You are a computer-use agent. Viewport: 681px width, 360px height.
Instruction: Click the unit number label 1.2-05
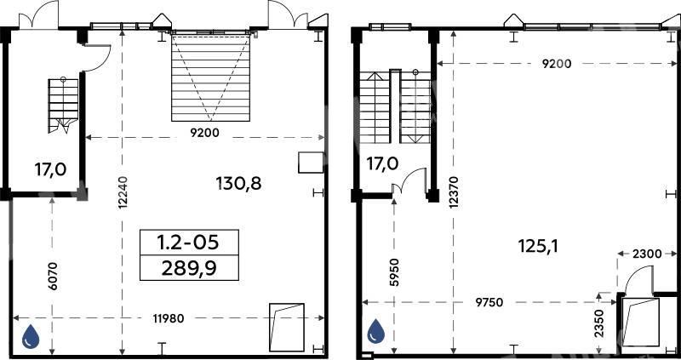click(x=189, y=243)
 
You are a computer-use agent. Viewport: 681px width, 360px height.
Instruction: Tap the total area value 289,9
click(x=189, y=269)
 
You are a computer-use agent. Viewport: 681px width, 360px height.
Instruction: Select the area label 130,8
click(x=238, y=184)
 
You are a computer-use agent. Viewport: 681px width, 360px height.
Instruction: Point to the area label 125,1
click(x=538, y=247)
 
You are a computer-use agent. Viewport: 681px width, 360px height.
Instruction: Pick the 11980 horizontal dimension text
click(x=169, y=319)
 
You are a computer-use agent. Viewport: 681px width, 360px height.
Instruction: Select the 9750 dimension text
click(x=489, y=302)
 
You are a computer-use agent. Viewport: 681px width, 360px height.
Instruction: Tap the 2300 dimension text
click(x=647, y=254)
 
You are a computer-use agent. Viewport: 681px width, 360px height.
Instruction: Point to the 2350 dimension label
click(x=598, y=324)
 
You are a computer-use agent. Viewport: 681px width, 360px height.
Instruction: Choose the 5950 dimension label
click(x=394, y=272)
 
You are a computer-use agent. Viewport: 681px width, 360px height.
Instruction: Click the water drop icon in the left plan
click(x=31, y=336)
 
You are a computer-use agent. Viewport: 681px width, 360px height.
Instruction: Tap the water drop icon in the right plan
click(x=375, y=331)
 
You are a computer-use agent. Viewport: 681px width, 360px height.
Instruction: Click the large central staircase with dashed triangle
click(x=210, y=77)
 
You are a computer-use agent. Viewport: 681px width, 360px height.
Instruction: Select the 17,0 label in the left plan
click(x=50, y=169)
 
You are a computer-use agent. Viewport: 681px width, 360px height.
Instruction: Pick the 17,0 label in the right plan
click(x=381, y=163)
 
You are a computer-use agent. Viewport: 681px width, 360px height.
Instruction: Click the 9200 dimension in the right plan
click(x=557, y=64)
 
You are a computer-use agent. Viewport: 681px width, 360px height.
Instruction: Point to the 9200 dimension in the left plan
click(x=204, y=134)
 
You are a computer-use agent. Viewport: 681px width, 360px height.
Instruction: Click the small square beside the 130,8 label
click(x=311, y=163)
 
